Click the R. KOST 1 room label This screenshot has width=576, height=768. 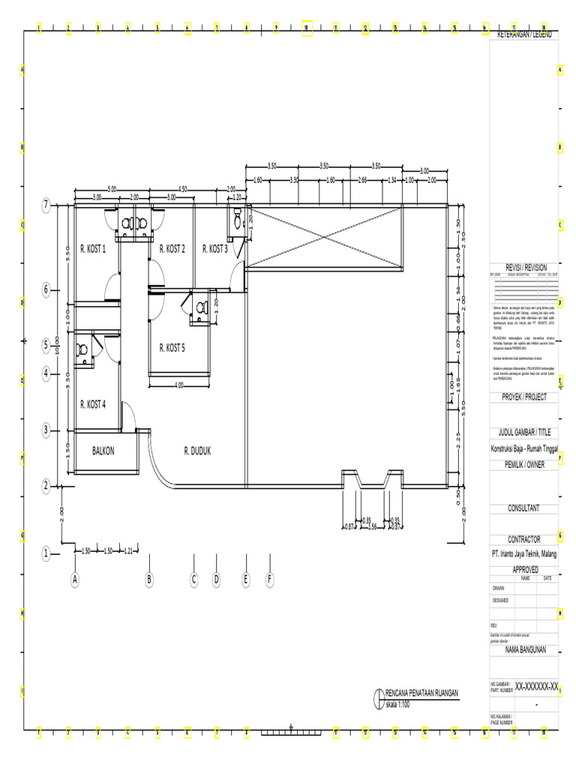click(93, 248)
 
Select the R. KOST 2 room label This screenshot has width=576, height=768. click(172, 248)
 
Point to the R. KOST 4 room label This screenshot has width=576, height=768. click(93, 404)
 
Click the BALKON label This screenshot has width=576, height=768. click(103, 451)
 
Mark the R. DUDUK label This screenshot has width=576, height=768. click(197, 451)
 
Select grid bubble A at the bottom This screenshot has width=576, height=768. click(75, 579)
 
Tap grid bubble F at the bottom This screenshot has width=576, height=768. click(269, 579)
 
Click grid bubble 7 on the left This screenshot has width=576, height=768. click(46, 204)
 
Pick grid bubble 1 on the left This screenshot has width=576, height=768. click(46, 554)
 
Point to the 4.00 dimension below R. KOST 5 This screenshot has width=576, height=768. click(178, 385)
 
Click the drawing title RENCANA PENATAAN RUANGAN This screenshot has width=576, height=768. click(421, 694)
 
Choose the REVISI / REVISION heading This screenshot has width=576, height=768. click(523, 268)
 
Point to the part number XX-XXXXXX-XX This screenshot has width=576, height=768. click(536, 686)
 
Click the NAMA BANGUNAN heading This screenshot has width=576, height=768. click(523, 649)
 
